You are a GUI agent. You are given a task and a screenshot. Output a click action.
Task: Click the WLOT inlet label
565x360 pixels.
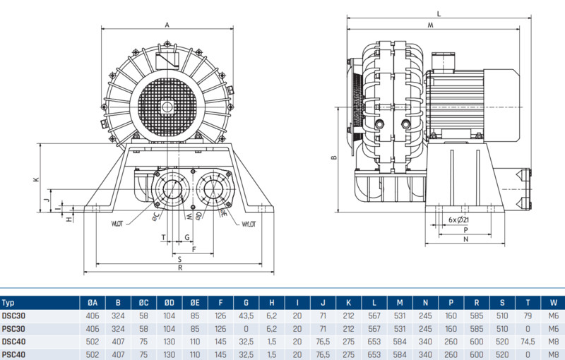click(117, 224)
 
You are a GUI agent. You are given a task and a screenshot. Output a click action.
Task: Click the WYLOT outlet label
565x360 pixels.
click(249, 224)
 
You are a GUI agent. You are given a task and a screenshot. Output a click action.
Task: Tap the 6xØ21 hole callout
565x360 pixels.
click(458, 220)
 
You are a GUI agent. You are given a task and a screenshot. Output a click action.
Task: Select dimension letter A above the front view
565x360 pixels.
click(167, 25)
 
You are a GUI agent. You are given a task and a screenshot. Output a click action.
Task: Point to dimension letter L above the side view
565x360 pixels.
click(439, 14)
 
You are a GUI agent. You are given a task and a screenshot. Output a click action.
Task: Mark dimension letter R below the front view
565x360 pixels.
click(180, 268)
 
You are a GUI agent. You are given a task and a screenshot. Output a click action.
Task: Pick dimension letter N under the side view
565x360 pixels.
click(465, 239)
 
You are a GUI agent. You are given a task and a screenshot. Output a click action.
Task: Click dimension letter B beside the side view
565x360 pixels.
click(334, 157)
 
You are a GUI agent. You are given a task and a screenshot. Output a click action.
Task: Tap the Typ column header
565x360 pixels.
click(8, 303)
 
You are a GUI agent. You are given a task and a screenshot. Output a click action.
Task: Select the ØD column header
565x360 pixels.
click(169, 303)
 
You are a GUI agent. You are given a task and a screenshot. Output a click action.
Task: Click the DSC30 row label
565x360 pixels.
click(13, 316)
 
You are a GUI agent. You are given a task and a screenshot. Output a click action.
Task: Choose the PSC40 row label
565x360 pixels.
click(13, 354)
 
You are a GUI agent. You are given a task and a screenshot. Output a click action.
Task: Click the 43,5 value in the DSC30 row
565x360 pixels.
click(246, 316)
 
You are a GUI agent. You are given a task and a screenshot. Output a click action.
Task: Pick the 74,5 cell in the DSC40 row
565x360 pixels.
click(528, 341)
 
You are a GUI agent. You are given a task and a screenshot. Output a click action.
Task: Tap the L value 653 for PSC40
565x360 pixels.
click(374, 354)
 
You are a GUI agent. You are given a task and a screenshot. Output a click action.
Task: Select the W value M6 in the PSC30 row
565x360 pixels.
click(554, 329)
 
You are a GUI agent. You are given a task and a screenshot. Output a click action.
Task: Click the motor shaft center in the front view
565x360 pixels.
click(167, 107)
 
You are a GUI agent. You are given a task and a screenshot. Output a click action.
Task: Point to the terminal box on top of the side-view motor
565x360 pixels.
click(443, 61)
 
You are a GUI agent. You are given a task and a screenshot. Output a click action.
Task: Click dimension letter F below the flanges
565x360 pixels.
click(194, 249)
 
